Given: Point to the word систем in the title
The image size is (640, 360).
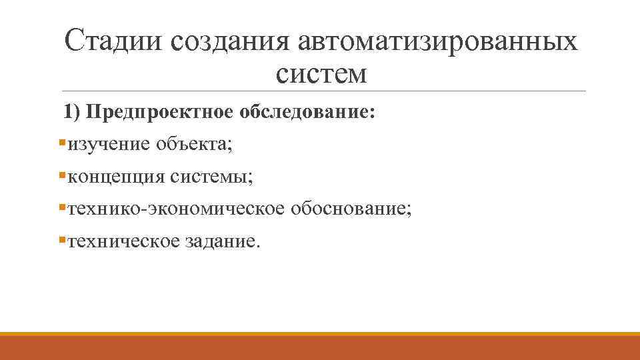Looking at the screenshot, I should (x=321, y=73).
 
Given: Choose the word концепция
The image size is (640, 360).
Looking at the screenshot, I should (x=116, y=177).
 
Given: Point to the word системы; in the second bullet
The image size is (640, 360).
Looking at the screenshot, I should (x=211, y=177).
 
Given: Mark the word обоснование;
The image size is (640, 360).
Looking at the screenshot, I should (x=351, y=209).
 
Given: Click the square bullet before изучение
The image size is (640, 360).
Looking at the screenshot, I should (x=62, y=143).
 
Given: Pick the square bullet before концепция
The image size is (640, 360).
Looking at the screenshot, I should (x=62, y=175).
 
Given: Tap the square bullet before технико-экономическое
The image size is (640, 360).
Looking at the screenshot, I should (x=62, y=208).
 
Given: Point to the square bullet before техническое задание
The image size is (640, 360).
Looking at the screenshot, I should (x=62, y=240).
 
